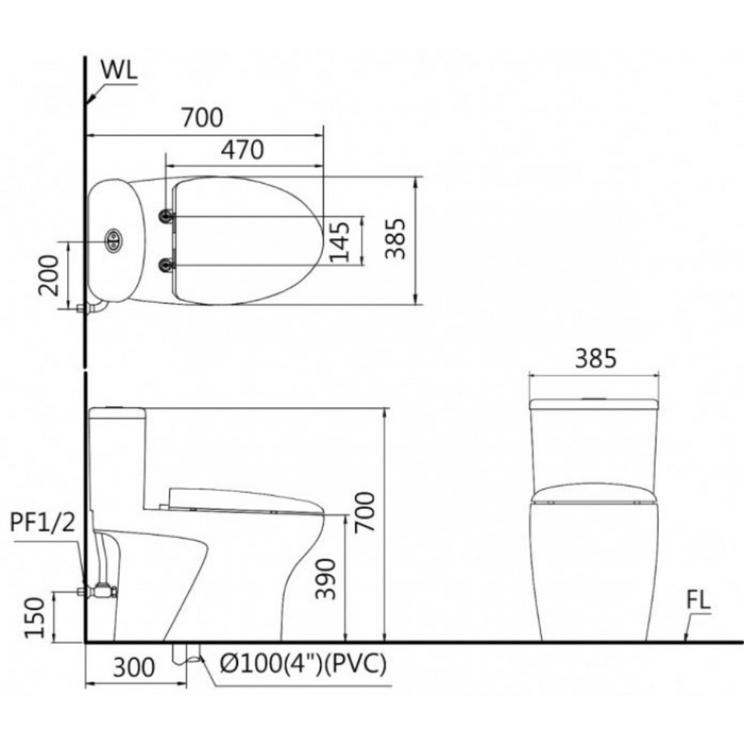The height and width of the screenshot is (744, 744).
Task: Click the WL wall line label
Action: pyautogui.click(x=118, y=71)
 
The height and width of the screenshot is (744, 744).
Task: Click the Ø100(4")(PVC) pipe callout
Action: pyautogui.click(x=304, y=664)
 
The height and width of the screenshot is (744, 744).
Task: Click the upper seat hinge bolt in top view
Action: pyautogui.click(x=166, y=216)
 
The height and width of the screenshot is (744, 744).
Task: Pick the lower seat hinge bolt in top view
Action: pyautogui.click(x=166, y=265)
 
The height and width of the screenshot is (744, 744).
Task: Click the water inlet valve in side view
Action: pyautogui.click(x=102, y=591)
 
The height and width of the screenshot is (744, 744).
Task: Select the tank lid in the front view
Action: pyautogui.click(x=594, y=404)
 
